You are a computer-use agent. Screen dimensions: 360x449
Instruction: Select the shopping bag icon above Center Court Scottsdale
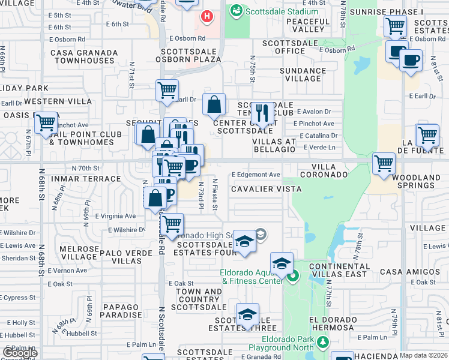[x=214, y=106]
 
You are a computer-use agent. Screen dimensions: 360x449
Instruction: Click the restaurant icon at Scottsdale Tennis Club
[x=262, y=112]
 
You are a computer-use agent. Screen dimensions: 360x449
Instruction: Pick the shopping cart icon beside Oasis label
[x=46, y=124]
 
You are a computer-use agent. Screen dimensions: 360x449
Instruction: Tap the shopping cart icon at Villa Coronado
[x=383, y=163]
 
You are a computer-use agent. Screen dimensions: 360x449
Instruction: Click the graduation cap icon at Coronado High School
[x=244, y=242]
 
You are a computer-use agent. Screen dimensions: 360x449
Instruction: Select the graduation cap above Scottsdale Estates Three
[x=247, y=314]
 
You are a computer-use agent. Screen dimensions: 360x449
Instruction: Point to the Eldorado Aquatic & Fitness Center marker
[x=292, y=277]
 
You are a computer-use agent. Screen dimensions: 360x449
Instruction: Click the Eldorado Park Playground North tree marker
[x=324, y=342]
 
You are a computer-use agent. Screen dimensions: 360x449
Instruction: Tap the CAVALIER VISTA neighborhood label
[x=258, y=189]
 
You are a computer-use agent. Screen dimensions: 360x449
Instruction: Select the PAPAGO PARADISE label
[x=121, y=311]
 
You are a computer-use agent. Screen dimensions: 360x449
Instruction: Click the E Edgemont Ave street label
[x=256, y=175]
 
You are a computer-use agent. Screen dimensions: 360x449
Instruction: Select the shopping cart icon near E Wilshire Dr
[x=172, y=224]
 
